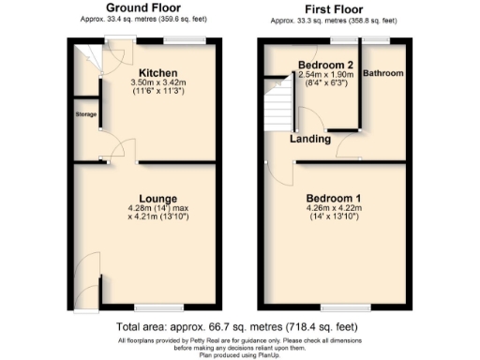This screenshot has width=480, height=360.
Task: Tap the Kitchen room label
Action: pos(152,72)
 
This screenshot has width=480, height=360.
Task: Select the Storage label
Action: pos(85,114)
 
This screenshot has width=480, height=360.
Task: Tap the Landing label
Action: pos(309,139)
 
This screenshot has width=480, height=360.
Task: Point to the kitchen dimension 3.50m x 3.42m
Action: pos(152,82)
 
